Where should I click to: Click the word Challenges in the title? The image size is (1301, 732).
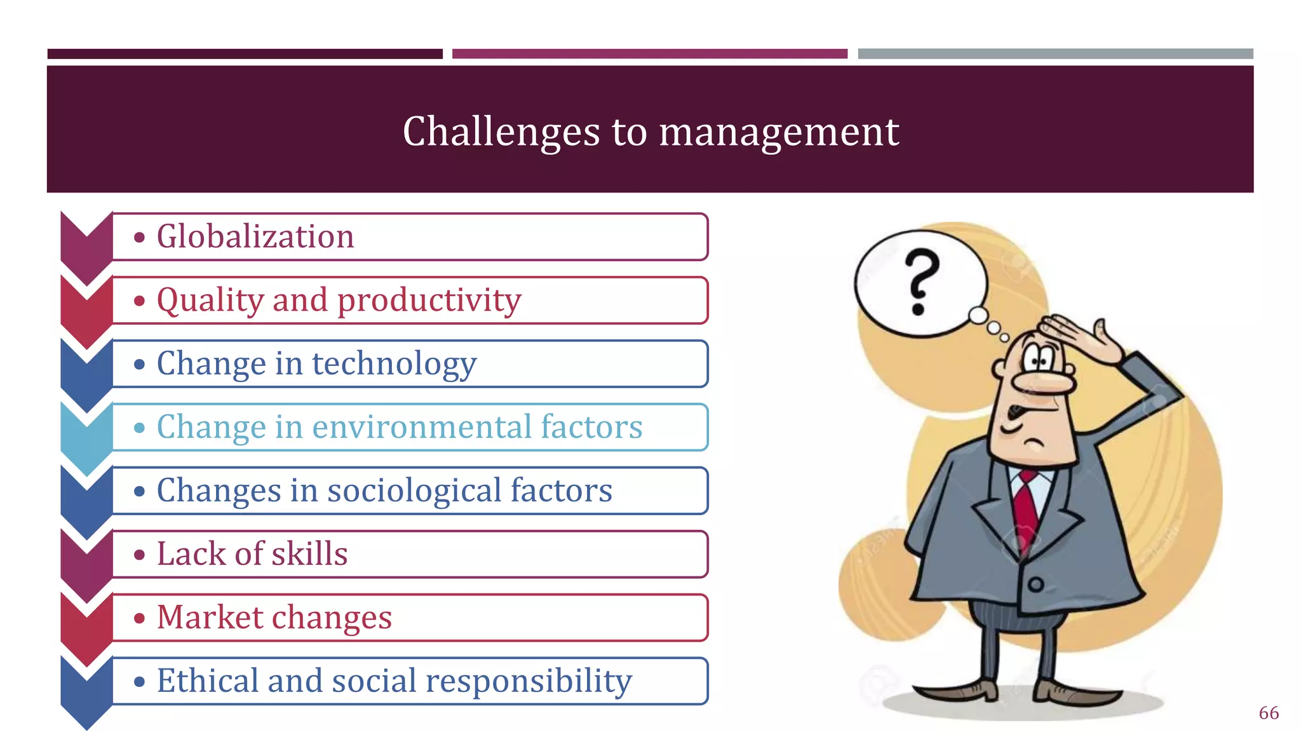tap(501, 132)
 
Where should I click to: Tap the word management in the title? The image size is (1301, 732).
tap(779, 132)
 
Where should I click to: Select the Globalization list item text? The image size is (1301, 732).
tap(255, 236)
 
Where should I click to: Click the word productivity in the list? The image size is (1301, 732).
tap(429, 300)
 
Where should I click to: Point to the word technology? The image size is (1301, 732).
tap(394, 363)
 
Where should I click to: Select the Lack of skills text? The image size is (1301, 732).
tap(252, 553)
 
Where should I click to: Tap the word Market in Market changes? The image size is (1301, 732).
tap(210, 617)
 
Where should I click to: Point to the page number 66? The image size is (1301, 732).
tap(1269, 713)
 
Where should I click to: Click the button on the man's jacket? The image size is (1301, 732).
tap(1036, 585)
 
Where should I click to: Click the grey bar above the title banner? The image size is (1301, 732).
tap(1055, 54)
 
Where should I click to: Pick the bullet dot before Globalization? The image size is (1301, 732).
tap(140, 238)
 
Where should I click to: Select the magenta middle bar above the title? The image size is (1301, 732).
tap(649, 54)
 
